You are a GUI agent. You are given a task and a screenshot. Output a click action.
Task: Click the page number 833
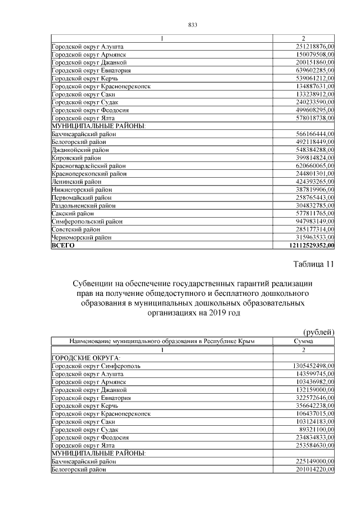click(x=191, y=25)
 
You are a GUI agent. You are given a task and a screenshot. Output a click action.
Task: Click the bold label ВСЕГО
click(x=62, y=246)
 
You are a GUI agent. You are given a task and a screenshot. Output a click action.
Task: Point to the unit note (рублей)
click(x=318, y=332)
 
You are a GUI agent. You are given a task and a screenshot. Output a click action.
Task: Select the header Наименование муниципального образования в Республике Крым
click(x=162, y=341)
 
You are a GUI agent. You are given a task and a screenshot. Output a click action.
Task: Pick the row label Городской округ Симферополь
click(x=96, y=366)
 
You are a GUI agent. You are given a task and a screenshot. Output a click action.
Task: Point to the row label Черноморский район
click(x=81, y=238)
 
